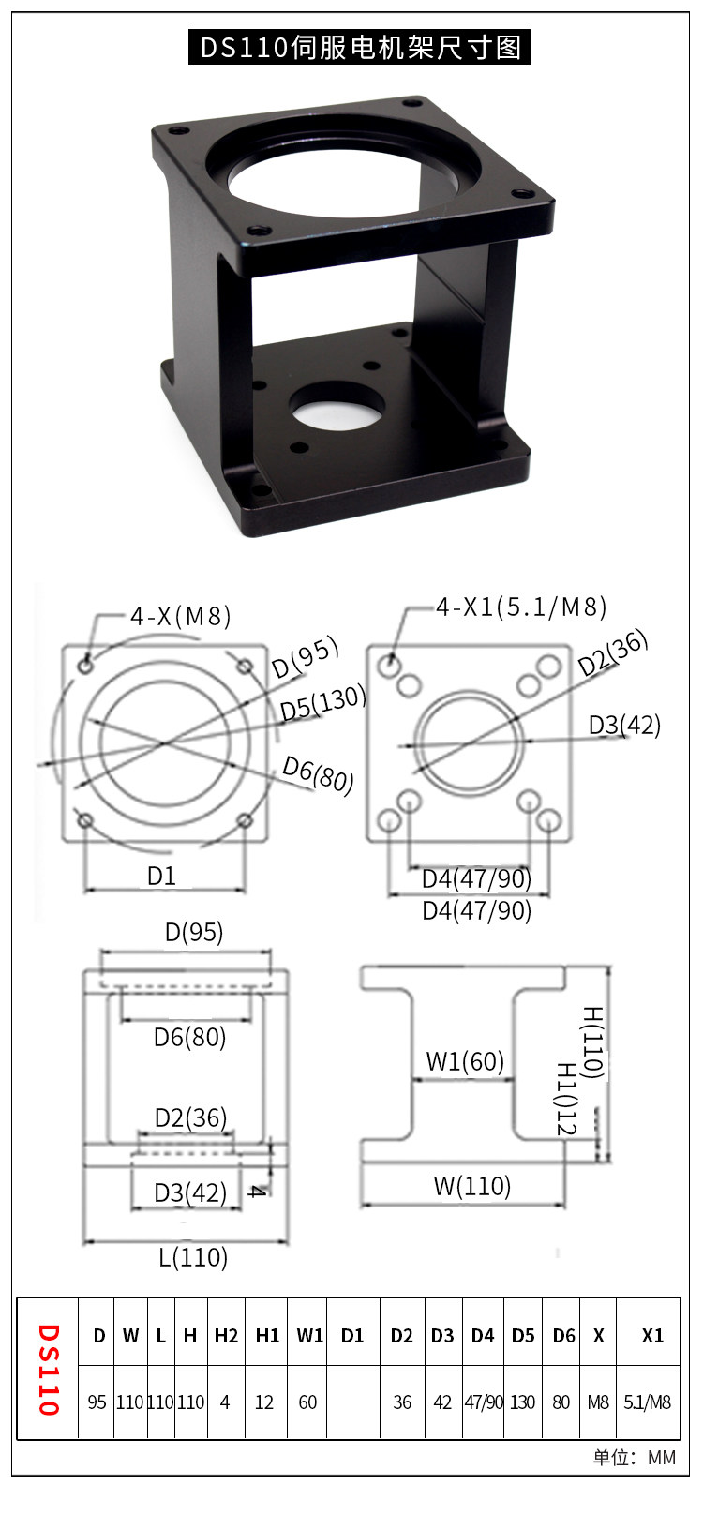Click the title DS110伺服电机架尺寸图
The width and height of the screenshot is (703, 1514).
click(x=360, y=47)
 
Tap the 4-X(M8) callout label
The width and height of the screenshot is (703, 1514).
click(x=181, y=617)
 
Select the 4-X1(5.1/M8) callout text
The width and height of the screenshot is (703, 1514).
click(x=520, y=607)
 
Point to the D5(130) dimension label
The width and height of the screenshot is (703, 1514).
click(x=323, y=703)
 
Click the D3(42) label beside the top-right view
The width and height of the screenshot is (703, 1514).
click(x=624, y=726)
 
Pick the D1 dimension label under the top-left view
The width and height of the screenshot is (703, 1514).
click(x=161, y=876)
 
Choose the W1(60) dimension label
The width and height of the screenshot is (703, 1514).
click(x=465, y=1061)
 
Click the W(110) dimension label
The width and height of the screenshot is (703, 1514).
click(x=471, y=1186)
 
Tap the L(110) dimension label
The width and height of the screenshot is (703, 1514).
click(x=193, y=1257)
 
